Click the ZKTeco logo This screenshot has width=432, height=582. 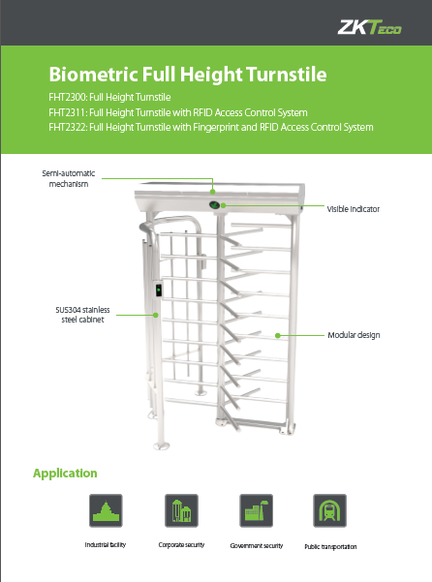(369, 27)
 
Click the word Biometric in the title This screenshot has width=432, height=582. (93, 75)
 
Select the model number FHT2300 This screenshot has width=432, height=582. (68, 97)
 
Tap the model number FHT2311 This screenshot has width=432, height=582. (67, 112)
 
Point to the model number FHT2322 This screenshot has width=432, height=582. (68, 127)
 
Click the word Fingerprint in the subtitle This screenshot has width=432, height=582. (216, 128)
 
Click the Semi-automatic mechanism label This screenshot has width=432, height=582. (69, 178)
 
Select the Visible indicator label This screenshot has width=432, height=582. (353, 209)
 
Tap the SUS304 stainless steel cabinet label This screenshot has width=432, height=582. (82, 315)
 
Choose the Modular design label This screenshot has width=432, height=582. (354, 335)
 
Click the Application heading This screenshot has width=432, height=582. (65, 474)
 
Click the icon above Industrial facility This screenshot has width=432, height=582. (106, 510)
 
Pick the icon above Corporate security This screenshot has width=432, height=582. (181, 510)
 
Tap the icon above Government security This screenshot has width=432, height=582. (256, 510)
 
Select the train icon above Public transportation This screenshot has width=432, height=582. (330, 510)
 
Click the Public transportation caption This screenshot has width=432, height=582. (330, 547)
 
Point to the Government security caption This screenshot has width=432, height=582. (257, 545)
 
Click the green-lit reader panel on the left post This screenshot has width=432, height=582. (159, 290)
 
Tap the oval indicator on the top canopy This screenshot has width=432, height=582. (214, 205)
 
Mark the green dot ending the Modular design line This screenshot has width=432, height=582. (278, 335)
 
